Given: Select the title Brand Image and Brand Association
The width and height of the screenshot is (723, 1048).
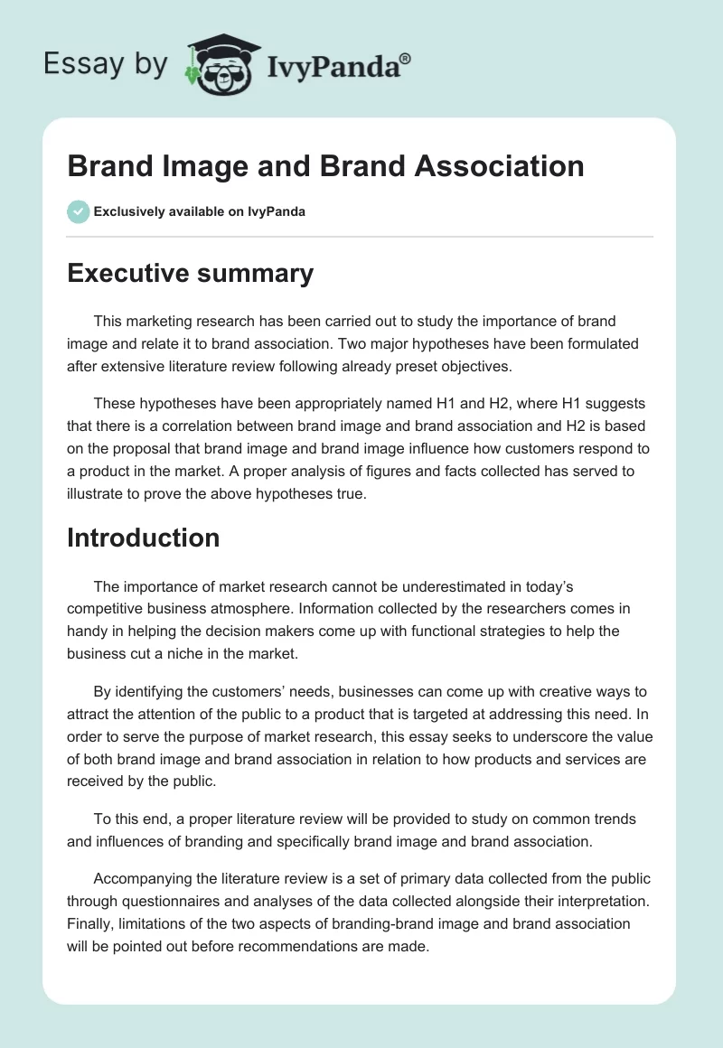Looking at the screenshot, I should point(325,166).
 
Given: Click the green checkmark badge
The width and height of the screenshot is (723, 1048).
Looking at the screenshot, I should point(78,211).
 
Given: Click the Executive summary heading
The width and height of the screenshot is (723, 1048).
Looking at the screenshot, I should point(190,273).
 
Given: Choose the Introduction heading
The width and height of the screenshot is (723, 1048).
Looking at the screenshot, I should point(144,538).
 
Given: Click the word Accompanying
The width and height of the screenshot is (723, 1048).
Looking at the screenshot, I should point(147,879).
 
